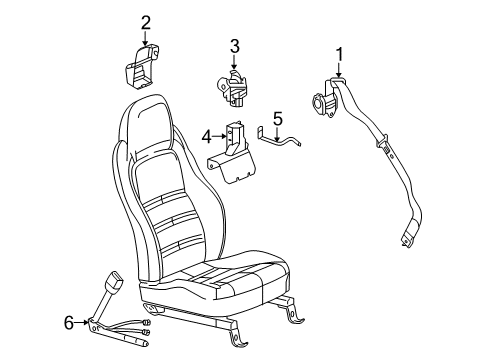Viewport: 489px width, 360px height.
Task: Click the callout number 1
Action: coord(339,54)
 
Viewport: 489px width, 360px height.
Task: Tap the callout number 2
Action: coord(146,22)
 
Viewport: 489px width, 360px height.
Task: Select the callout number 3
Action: coord(234,46)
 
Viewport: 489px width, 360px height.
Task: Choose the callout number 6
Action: coord(68,321)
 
